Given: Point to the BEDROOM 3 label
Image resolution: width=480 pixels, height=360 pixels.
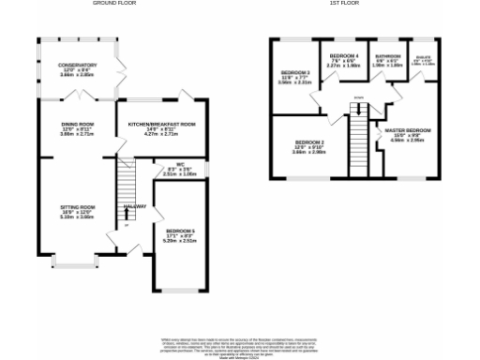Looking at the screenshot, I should [294, 72].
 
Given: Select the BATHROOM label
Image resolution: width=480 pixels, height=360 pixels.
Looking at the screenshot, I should [387, 57].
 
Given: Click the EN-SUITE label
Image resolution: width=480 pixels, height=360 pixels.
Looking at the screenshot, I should [424, 58].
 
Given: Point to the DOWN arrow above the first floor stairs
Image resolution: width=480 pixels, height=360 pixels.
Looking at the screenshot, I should [358, 98].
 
